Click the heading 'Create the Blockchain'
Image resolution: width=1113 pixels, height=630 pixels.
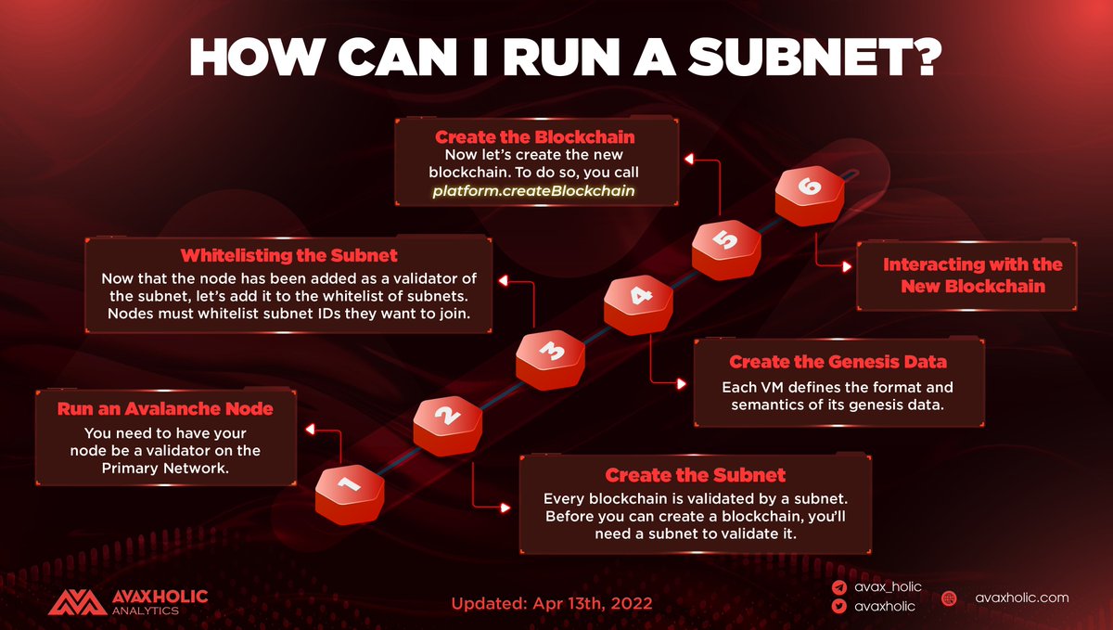pos(535,137)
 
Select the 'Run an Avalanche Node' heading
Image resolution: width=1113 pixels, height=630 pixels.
pos(164,408)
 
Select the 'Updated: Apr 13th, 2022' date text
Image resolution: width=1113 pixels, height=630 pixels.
pos(552,603)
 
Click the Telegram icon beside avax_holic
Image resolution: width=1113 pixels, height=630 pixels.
pos(838,587)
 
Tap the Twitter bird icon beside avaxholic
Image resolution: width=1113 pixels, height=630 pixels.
pos(838,607)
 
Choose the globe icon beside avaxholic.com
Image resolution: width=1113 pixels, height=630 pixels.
pos(950,598)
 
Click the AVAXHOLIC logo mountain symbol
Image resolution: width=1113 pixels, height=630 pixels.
pos(77,602)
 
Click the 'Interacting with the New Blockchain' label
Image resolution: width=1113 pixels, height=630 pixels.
pos(972,275)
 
